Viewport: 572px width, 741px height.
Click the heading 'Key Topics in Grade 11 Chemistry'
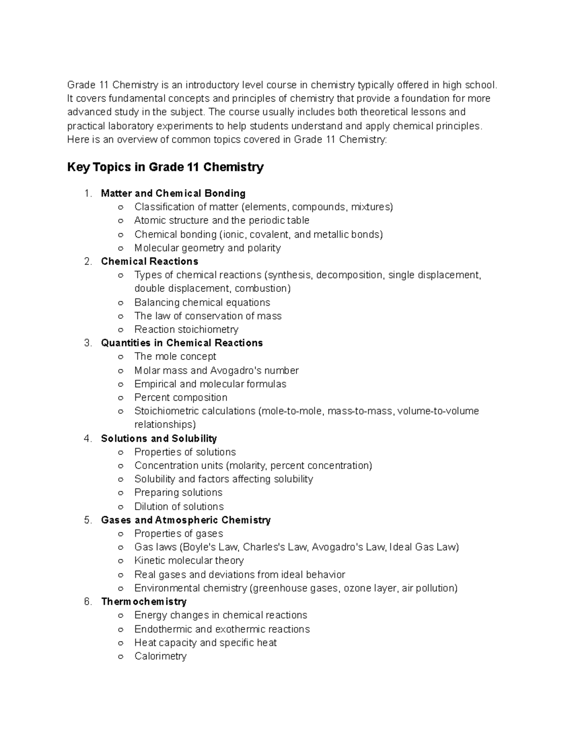pyautogui.click(x=165, y=167)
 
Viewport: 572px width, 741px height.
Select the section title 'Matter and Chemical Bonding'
pyautogui.click(x=173, y=193)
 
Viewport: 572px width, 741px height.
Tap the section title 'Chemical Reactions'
pyautogui.click(x=149, y=261)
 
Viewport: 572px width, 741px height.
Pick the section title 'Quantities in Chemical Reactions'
pyautogui.click(x=182, y=343)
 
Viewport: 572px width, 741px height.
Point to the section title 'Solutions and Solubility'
pyautogui.click(x=159, y=438)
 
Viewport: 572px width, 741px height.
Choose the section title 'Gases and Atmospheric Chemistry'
pyautogui.click(x=185, y=520)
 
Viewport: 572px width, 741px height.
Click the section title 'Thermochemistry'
pyautogui.click(x=143, y=602)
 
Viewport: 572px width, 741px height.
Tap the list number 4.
pyautogui.click(x=87, y=438)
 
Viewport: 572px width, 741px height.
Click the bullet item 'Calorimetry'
pyautogui.click(x=160, y=656)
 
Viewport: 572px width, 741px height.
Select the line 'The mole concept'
pyautogui.click(x=175, y=356)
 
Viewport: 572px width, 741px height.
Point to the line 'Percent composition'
pyautogui.click(x=181, y=397)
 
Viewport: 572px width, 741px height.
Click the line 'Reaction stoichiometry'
pyautogui.click(x=186, y=329)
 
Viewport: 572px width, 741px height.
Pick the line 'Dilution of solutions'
pyautogui.click(x=179, y=506)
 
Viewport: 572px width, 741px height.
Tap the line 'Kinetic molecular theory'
pyautogui.click(x=189, y=561)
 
